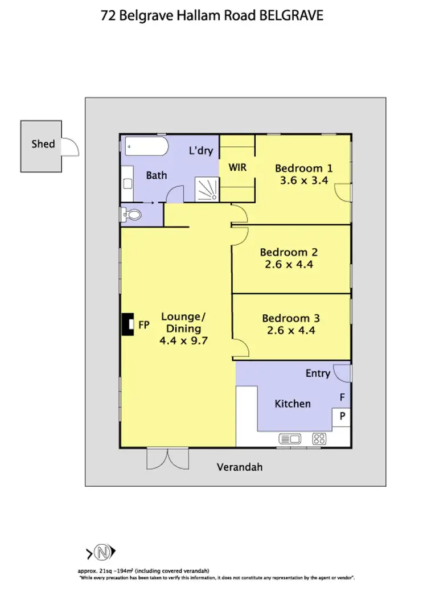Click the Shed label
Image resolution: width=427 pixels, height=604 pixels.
(43, 143)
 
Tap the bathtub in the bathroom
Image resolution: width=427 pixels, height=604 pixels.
(146, 147)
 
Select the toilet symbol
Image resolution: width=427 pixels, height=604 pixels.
(131, 215)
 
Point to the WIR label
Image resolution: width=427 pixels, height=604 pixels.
(237, 168)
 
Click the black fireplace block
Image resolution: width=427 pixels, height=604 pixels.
(126, 325)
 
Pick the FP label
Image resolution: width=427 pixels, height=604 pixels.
(144, 325)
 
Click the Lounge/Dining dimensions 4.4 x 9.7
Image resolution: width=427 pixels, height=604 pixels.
(181, 341)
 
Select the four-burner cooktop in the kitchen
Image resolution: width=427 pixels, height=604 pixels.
(319, 438)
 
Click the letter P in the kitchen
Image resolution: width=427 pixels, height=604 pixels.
(342, 416)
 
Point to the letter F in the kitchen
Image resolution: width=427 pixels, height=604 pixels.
(342, 397)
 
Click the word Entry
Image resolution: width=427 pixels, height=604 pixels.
(318, 373)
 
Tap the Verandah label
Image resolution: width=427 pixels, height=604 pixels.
(240, 467)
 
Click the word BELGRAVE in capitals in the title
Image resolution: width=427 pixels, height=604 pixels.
(291, 15)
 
